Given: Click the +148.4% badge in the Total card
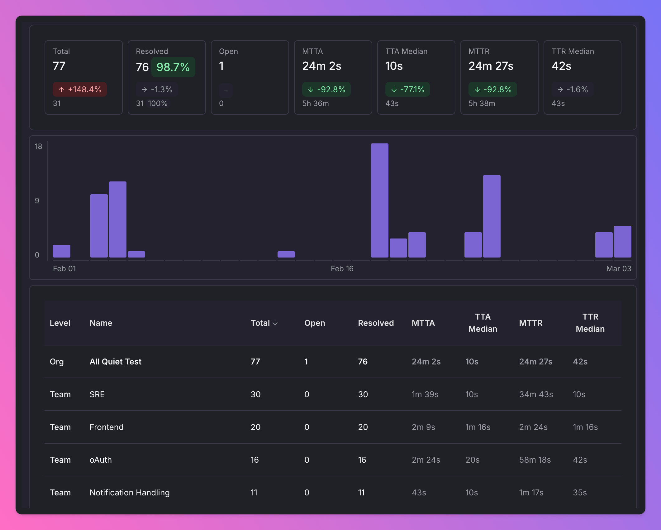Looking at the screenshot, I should coord(80,89).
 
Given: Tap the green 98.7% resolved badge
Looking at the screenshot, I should coord(173,67).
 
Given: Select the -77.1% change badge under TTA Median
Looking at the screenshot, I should coord(407,89).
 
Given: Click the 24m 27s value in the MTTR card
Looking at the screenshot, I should coord(491,66).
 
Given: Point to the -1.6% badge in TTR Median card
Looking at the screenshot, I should coord(573,89).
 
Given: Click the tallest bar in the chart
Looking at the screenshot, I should coord(379,200).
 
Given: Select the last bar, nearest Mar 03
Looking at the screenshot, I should coord(622,242).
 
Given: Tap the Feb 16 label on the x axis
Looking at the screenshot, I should coord(342,269).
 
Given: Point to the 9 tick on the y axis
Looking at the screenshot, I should coord(37,201).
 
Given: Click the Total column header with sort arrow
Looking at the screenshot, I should coord(264,323).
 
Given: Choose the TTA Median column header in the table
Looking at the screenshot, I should coord(483,323).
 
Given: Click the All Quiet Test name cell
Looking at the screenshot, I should coord(116,362).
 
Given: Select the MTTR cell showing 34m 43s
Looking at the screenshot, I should coord(536,394).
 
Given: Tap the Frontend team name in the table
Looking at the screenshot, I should coord(107,427).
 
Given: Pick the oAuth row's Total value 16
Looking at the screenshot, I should coord(255,460).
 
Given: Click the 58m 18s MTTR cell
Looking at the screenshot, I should coord(535,460).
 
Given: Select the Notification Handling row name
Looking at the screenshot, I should coord(130,493).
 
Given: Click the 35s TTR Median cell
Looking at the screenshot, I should coord(580,493).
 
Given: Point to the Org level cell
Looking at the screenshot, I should coord(57,362).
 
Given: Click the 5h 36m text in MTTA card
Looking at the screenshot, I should coord(316,104).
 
